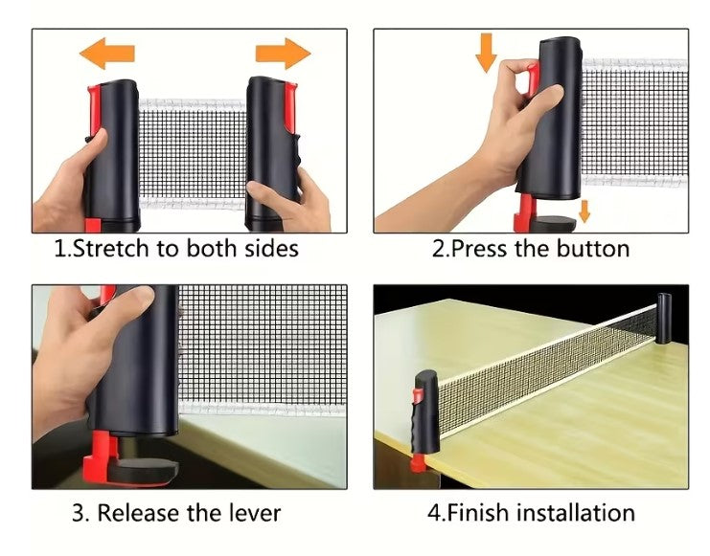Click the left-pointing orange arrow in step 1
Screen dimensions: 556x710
point(106,54)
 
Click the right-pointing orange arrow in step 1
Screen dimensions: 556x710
point(284,54)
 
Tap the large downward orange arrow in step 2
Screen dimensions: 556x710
point(487,53)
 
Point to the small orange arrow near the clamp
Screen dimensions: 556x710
point(584,211)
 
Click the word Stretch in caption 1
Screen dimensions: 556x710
point(112,249)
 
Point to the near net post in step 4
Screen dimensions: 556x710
point(426,411)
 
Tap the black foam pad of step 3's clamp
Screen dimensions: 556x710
point(154,472)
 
